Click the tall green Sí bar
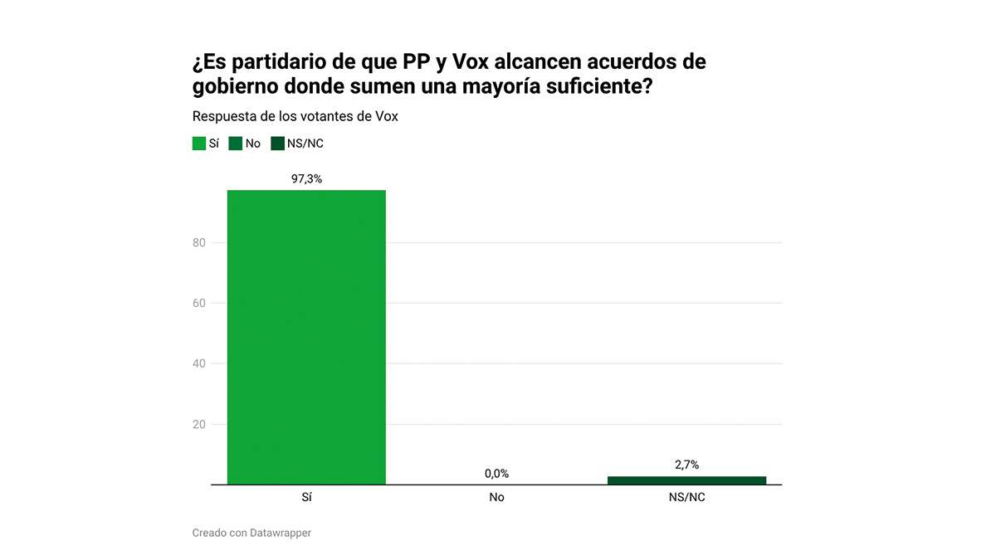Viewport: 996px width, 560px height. pos(306,337)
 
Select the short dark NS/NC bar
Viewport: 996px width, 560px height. pos(686,480)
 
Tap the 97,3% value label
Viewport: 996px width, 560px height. pos(306,178)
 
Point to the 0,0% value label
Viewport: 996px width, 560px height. pos(496,474)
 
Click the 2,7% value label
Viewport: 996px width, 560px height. pos(686,465)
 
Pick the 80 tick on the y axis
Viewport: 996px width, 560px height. pos(198,243)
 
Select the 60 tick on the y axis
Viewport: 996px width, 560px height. pos(198,304)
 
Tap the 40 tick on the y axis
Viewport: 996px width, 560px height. pos(198,364)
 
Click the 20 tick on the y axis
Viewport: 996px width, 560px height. pos(198,425)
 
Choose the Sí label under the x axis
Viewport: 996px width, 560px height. pos(306,498)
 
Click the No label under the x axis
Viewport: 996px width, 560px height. pos(496,498)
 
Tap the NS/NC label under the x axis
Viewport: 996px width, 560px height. pos(686,498)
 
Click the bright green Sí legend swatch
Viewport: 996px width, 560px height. pos(199,144)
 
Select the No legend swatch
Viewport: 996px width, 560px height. pos(236,144)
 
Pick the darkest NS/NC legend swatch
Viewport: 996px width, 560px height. pos(277,144)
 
